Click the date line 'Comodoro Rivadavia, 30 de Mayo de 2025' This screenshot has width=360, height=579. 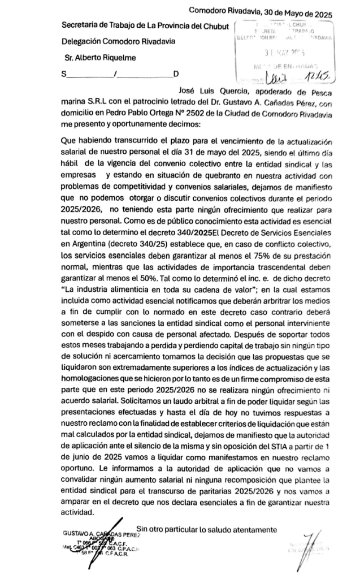click(x=260, y=11)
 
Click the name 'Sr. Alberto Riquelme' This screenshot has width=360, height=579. click(x=99, y=58)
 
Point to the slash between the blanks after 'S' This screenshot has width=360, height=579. click(x=115, y=74)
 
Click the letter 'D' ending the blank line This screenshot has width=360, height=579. click(x=176, y=74)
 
